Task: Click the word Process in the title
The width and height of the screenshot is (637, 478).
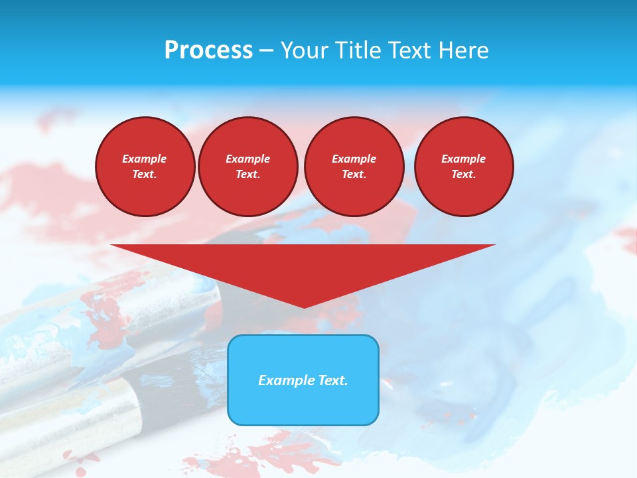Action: point(208,50)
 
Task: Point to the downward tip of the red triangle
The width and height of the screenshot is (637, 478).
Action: point(304,306)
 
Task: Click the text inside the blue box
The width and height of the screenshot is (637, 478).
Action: point(303,380)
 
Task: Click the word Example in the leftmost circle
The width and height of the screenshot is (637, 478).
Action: point(145,159)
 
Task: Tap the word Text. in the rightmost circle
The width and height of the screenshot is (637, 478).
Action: point(464,174)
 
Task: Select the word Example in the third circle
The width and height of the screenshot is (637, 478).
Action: point(354,159)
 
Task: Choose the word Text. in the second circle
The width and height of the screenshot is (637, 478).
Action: point(248,174)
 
